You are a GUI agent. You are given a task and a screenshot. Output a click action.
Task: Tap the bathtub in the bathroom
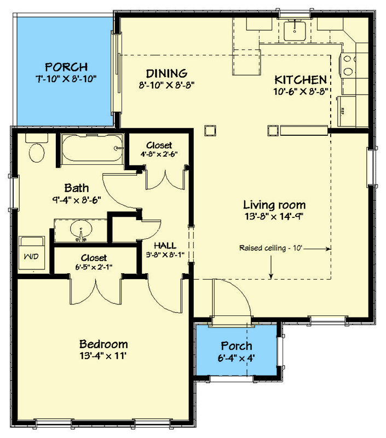click(x=91, y=148)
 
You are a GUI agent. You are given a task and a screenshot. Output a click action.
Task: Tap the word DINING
click(x=167, y=73)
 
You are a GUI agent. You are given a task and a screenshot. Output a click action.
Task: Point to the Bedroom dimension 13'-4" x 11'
click(x=103, y=355)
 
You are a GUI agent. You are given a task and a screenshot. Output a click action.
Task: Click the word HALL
click(x=164, y=245)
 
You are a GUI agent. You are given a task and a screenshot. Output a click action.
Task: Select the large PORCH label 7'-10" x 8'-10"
click(x=66, y=73)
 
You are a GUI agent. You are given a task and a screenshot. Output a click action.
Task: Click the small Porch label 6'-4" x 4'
click(x=237, y=352)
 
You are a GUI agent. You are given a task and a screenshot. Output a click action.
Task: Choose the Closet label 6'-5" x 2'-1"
click(x=94, y=262)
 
